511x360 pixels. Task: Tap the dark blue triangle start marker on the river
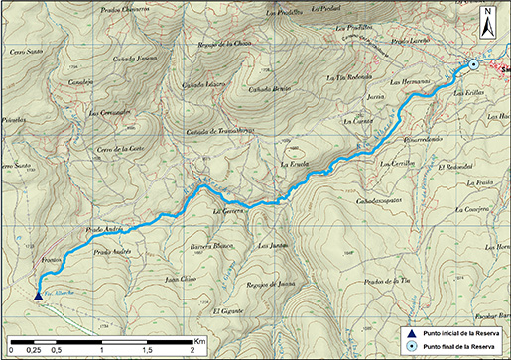38,295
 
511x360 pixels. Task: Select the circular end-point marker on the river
473,65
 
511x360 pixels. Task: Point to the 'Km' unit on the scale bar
199,339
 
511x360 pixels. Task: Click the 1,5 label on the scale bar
147,352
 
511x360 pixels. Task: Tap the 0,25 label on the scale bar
33,352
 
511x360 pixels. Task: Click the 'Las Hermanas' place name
408,81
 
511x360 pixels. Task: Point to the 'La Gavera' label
229,211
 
